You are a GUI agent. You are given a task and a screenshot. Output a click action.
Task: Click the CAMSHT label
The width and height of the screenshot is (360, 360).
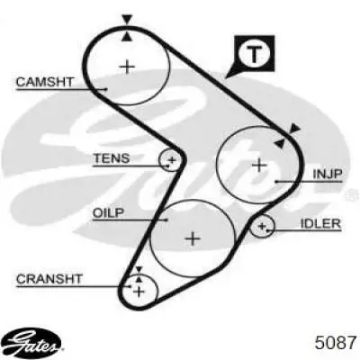44,82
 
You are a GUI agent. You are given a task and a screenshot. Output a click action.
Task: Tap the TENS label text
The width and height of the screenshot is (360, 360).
112,158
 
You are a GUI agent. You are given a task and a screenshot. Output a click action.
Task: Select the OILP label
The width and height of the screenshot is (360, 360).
108,213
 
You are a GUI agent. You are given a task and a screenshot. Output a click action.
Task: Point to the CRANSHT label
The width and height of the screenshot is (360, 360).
49,279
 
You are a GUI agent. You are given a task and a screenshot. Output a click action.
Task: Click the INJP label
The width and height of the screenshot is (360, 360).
328,174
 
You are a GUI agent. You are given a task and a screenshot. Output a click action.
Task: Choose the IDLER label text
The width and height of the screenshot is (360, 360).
320,223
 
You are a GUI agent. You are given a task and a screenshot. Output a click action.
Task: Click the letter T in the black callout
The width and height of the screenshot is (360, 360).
254,54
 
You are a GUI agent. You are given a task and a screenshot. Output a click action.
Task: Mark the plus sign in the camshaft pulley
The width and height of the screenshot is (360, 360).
127,67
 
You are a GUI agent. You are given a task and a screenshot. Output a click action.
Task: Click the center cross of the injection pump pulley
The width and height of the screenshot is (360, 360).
259,165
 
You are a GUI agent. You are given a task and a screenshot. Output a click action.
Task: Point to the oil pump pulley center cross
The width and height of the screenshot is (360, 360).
193,238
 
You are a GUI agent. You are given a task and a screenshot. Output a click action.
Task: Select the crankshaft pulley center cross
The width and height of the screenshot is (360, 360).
139,291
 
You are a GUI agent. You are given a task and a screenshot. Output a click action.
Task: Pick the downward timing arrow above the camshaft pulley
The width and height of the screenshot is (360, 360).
127,20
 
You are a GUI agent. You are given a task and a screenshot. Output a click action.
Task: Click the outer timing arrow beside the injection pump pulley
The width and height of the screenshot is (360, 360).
294,128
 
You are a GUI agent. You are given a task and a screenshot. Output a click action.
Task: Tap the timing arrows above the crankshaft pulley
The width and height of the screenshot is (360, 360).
139,274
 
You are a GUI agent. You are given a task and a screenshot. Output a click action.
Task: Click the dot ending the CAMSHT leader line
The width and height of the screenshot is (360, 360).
106,89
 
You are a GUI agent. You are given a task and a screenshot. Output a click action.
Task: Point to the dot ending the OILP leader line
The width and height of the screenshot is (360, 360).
166,220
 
